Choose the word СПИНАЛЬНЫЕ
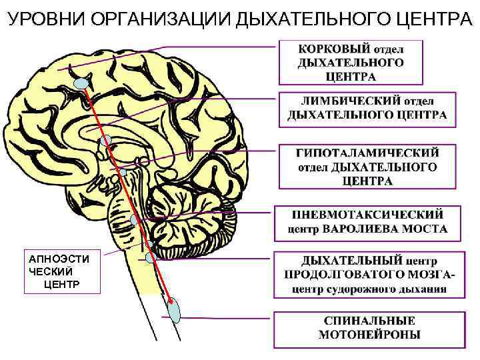[369, 321]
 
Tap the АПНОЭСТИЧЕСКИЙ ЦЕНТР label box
[61, 271]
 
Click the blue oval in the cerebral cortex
[81, 83]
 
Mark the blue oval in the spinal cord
[175, 311]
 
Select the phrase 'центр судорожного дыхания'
[367, 289]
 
